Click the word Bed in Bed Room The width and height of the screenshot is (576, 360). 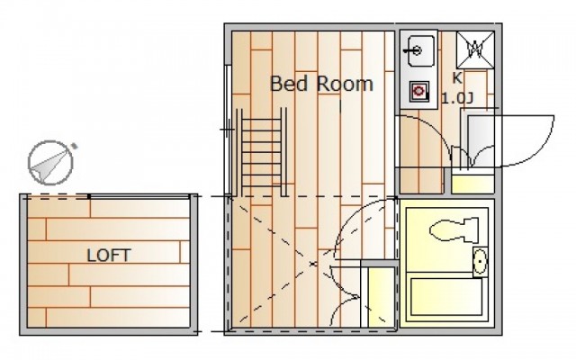pos(289,84)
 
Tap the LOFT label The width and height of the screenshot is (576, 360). pos(109,256)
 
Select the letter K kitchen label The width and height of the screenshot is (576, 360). pos(457,78)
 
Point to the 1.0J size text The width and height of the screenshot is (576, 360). pos(457,98)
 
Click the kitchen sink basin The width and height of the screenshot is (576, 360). pos(420,50)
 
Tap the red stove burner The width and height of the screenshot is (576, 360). pos(418,90)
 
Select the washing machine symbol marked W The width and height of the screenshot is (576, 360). pos(475,49)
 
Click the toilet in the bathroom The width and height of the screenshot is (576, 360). pos(454,230)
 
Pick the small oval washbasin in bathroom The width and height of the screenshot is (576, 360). pos(480,262)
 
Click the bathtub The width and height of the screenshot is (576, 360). pos(446,297)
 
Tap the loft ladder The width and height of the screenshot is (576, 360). pos(262,153)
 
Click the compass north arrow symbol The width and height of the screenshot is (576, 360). pos(51,162)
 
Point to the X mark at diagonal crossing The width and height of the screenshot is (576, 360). pos(313,264)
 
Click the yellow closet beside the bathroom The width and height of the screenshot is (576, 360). pos(382,297)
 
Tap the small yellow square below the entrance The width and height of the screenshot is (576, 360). pos(472,184)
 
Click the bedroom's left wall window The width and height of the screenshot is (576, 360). pos(228,130)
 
